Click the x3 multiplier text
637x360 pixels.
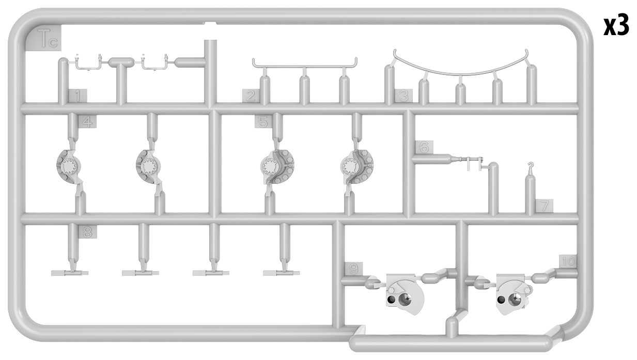[x=616, y=26]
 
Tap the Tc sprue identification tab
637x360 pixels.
[x=44, y=38]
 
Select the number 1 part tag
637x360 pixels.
[x=78, y=96]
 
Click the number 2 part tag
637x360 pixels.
[x=251, y=96]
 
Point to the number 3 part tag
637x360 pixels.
[x=403, y=96]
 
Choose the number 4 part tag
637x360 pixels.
[x=87, y=122]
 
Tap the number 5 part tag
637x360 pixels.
[x=263, y=122]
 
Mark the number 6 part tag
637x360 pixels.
[x=424, y=148]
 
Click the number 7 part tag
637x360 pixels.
[x=545, y=206]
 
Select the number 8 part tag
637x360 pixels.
[x=88, y=232]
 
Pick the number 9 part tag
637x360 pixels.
[x=353, y=269]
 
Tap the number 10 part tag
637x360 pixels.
[x=568, y=261]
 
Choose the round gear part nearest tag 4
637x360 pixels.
[x=69, y=166]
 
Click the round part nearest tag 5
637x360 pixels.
[x=277, y=166]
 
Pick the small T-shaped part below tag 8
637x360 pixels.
[x=70, y=273]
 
